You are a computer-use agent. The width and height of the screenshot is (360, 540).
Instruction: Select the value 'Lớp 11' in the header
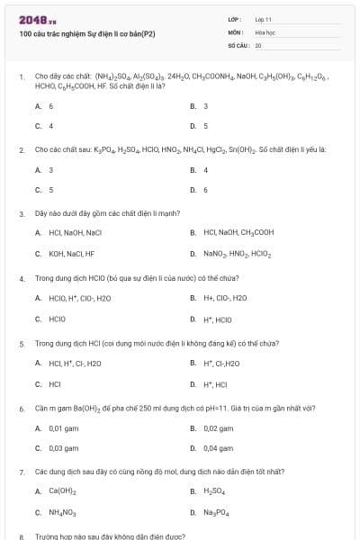[263, 19]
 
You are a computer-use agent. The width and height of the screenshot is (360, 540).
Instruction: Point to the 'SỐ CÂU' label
[237, 44]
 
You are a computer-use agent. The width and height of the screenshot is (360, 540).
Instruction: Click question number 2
[21, 149]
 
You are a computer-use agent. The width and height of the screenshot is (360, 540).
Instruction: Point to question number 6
[21, 408]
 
